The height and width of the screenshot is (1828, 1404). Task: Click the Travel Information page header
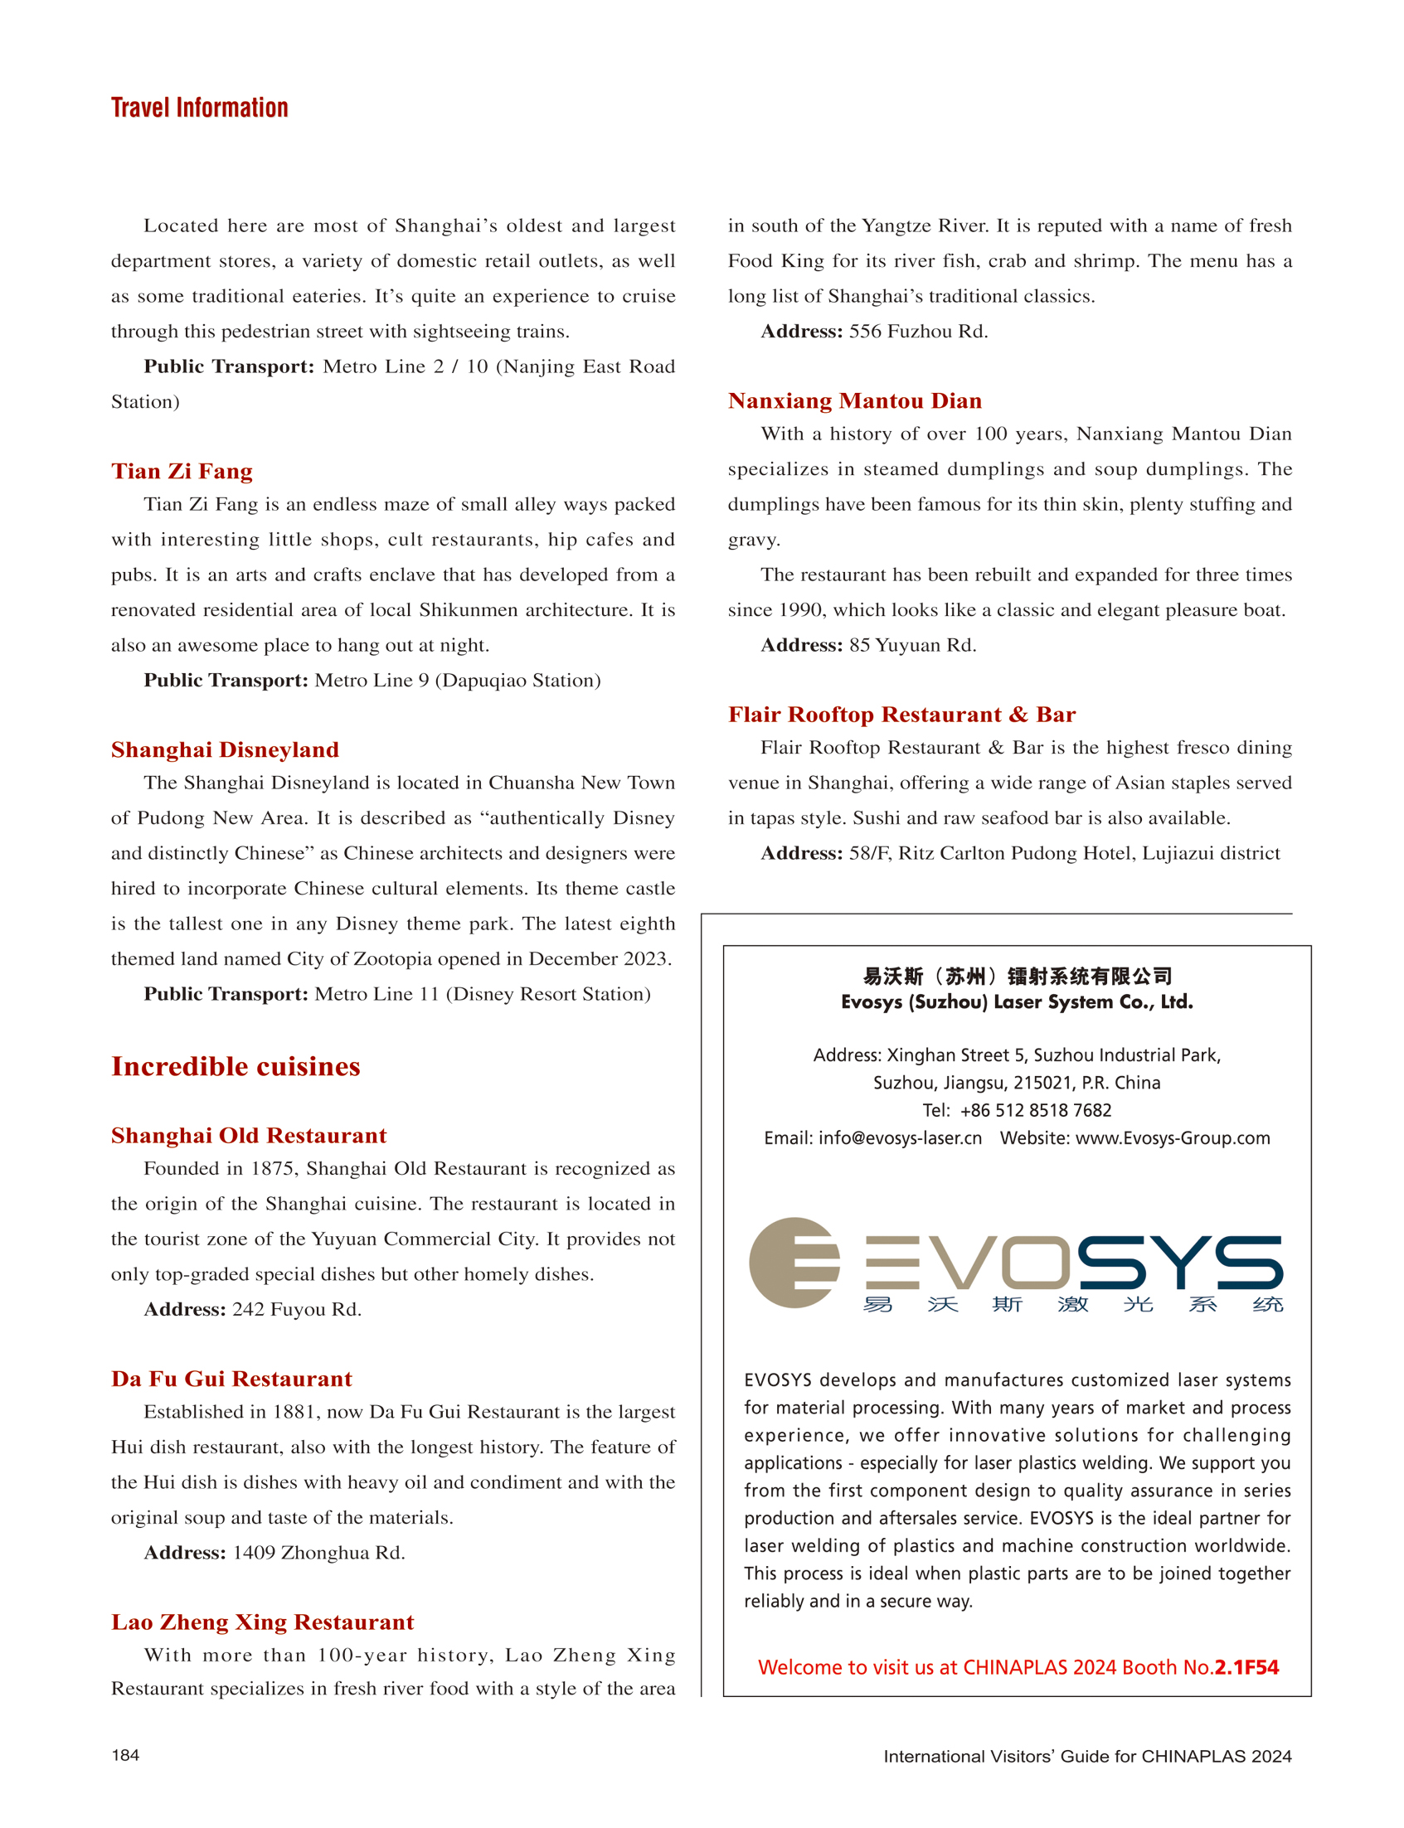tap(199, 108)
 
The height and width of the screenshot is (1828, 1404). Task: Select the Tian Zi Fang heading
tap(182, 471)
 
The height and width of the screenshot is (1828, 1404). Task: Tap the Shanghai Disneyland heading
tap(225, 749)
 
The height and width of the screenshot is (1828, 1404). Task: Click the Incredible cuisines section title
tap(236, 1067)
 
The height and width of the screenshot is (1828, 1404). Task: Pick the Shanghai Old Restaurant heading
tap(248, 1136)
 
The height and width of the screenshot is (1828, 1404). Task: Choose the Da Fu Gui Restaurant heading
tap(231, 1379)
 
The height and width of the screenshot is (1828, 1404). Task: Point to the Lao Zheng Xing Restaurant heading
tap(262, 1622)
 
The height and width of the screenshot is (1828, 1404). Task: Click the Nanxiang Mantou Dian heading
tap(854, 401)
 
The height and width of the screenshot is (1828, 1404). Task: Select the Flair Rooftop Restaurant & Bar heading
tap(901, 715)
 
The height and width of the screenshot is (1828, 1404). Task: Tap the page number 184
tap(125, 1755)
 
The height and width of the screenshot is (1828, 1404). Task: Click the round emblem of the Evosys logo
tap(793, 1263)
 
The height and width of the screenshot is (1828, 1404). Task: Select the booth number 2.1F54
tap(1246, 1668)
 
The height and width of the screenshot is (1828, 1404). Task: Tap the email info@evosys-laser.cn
tap(899, 1138)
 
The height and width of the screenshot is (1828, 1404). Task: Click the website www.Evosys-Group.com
tap(1172, 1138)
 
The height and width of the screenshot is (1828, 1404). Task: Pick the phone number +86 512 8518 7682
tap(1036, 1110)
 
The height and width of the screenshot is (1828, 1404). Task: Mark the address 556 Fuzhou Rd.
tap(917, 332)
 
